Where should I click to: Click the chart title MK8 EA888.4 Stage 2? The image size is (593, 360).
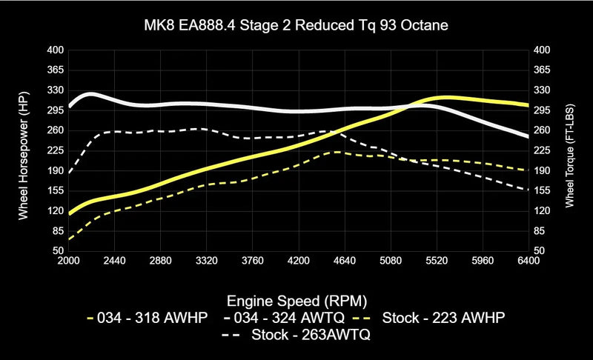point(296,25)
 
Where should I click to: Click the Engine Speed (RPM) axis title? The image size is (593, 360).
point(296,301)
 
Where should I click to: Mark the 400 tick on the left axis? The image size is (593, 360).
point(56,50)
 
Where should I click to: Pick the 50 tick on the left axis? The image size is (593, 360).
point(59,251)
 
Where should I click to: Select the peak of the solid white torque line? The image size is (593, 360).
point(90,94)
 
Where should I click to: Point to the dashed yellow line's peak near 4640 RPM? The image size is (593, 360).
point(336,152)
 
